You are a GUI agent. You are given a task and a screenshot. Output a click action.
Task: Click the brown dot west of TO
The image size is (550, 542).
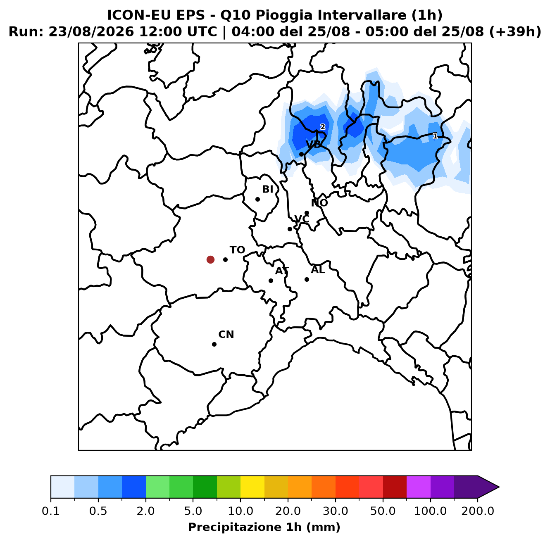(x=210, y=259)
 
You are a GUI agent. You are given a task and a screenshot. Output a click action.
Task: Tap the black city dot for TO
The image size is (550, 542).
(x=225, y=259)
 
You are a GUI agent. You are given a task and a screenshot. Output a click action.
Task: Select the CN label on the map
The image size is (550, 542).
(x=226, y=335)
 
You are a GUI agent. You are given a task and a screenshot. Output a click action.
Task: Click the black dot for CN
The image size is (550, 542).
(x=214, y=344)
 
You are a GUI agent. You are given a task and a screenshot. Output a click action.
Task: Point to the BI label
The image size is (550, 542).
(x=267, y=189)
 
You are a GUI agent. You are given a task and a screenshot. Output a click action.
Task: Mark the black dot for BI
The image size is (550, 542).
(x=257, y=199)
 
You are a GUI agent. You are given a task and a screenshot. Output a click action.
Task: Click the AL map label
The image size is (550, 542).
(x=318, y=270)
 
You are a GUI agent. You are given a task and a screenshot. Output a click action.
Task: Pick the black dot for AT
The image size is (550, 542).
(x=271, y=281)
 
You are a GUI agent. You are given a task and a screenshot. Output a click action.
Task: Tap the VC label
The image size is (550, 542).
(x=302, y=219)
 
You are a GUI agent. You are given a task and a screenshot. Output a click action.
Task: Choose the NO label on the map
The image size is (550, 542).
(x=319, y=203)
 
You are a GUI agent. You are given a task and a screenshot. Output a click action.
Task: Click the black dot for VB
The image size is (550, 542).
(x=301, y=155)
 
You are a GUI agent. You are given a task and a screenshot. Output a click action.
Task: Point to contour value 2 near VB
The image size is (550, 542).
(x=323, y=127)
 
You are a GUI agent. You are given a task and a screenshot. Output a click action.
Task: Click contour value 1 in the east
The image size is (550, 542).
(x=435, y=136)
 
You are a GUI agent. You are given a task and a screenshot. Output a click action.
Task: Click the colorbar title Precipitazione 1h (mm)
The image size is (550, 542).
(x=264, y=527)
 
